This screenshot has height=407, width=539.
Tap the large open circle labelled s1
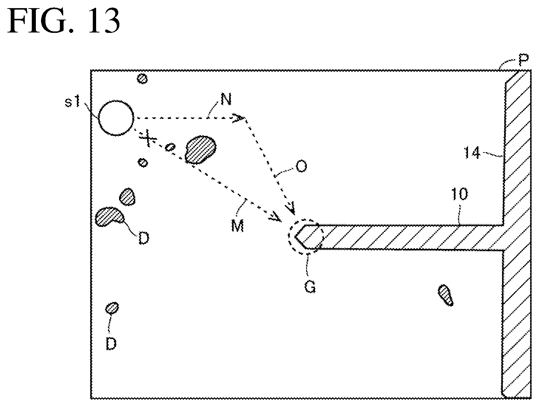[116, 117]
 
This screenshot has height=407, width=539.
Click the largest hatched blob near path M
[200, 149]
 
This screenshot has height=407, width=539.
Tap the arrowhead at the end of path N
[238, 118]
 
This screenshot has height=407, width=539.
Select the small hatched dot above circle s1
[142, 78]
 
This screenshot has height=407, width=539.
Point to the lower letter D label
[111, 344]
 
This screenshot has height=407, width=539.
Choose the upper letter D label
[142, 238]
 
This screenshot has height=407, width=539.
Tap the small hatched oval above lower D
[112, 307]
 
